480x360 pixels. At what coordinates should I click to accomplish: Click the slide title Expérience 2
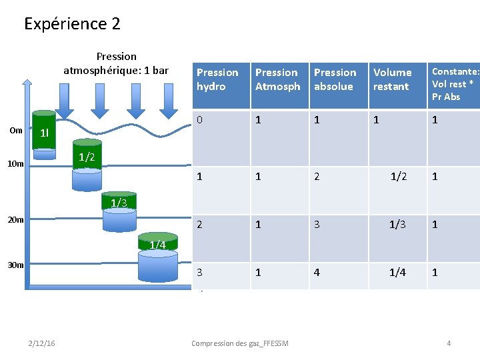click(x=72, y=24)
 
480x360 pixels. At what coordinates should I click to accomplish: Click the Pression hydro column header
click(x=217, y=79)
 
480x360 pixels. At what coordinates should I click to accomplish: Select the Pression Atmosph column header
click(x=277, y=79)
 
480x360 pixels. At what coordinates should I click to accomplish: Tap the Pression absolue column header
click(x=335, y=79)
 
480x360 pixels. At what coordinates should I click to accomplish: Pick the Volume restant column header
click(x=393, y=79)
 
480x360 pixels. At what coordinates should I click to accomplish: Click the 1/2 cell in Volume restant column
click(x=399, y=177)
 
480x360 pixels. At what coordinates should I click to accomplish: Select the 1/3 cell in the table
click(x=398, y=225)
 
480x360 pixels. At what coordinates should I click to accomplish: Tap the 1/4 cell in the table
click(x=398, y=273)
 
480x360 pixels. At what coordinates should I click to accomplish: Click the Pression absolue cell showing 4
click(x=317, y=273)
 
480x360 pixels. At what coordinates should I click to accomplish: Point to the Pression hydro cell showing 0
click(x=199, y=120)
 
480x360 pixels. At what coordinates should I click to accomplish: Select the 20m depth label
click(x=16, y=219)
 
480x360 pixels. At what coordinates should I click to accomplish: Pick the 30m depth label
click(x=16, y=265)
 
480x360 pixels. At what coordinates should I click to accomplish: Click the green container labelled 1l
click(x=45, y=133)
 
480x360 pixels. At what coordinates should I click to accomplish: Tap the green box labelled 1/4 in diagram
click(x=157, y=245)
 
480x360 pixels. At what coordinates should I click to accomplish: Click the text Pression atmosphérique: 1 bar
click(x=116, y=63)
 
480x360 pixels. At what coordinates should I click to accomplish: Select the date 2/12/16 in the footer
click(x=43, y=343)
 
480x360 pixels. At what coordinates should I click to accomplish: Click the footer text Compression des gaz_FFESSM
click(x=239, y=343)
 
